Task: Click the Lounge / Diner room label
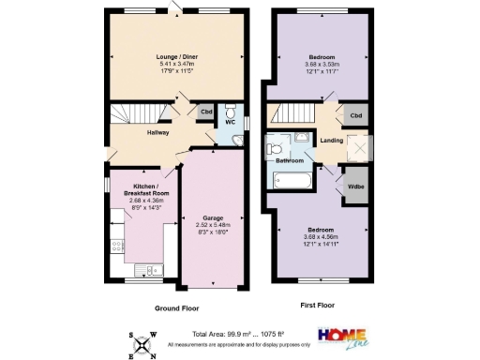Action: [176, 56]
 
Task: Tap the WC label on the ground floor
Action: [229, 122]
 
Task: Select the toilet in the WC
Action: [230, 108]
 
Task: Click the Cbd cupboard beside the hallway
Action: [205, 112]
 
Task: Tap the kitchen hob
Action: [117, 247]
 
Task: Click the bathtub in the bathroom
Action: [293, 181]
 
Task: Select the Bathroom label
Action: [290, 160]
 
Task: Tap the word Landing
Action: [331, 142]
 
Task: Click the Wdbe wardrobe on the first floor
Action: [355, 185]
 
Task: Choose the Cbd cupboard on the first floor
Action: [355, 115]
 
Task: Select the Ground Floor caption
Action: [176, 307]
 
